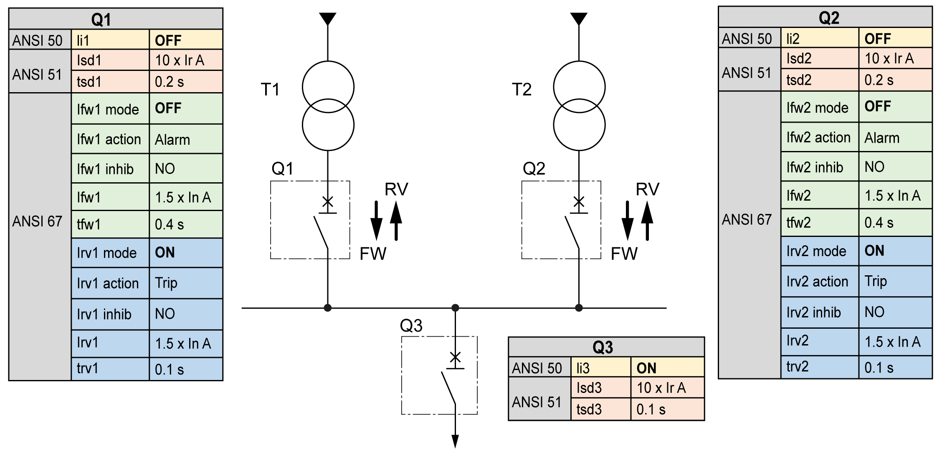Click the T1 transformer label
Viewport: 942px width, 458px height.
tap(270, 89)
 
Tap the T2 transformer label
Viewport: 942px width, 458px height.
tap(522, 89)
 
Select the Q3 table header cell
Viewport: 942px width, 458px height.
tap(606, 347)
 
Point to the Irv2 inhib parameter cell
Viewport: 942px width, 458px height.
tap(820, 312)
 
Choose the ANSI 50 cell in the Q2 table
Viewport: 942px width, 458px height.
tap(750, 38)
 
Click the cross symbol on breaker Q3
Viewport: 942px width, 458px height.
tap(455, 357)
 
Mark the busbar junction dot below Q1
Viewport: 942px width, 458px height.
tap(328, 308)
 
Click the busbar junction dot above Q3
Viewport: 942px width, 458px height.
tap(455, 308)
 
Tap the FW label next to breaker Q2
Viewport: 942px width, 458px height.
tap(624, 254)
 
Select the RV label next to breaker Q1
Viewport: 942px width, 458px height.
tap(396, 189)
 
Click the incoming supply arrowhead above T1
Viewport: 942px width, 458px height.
tap(328, 19)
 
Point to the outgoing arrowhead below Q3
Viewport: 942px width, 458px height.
tap(455, 441)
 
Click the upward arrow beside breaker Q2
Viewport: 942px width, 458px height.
tap(647, 221)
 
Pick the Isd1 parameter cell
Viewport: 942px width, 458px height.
tap(110, 60)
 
